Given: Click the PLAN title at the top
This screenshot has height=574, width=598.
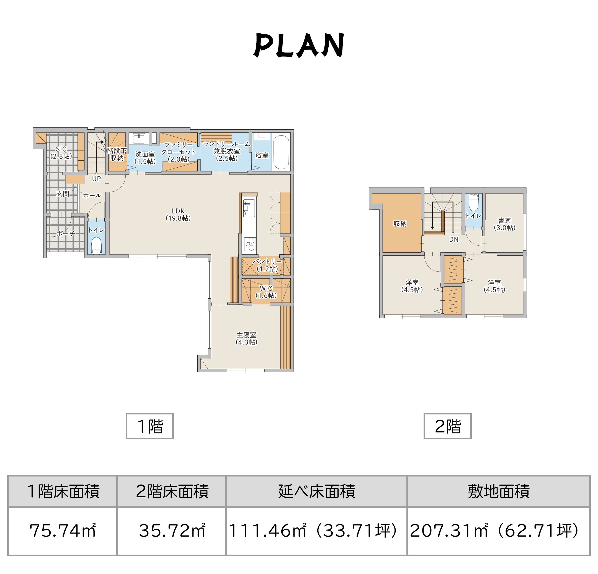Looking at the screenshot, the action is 299,45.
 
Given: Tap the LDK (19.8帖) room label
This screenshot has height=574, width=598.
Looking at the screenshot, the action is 178,214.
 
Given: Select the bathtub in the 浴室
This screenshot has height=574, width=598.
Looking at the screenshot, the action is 281,152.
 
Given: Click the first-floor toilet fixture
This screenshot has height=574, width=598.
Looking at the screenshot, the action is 96,246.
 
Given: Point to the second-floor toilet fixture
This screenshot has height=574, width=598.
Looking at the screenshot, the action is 473,202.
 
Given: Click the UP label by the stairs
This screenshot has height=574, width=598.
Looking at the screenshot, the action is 96,179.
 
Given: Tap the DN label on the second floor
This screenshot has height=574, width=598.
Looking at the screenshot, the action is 454,240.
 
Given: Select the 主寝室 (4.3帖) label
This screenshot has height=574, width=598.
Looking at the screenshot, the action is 246,339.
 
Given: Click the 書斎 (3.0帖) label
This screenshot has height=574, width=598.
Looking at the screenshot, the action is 505,224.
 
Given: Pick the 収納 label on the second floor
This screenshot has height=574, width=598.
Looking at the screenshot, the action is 400,224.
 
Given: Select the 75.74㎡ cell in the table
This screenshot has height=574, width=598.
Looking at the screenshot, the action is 63,531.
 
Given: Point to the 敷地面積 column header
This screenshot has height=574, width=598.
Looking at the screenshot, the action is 499,491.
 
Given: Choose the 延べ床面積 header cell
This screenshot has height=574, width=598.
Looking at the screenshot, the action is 317,491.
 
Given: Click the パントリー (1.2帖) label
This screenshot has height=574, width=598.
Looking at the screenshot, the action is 267,265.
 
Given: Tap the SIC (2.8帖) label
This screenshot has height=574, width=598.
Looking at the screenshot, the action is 61,153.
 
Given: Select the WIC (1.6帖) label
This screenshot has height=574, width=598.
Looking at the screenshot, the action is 266,292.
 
